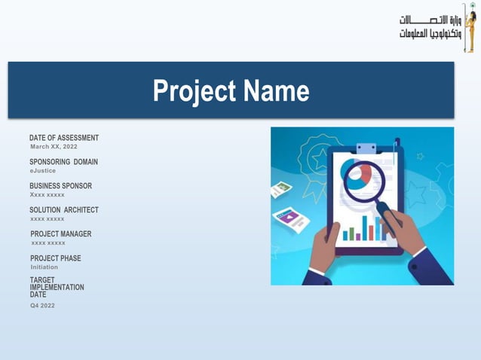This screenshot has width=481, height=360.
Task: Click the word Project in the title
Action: (x=193, y=92)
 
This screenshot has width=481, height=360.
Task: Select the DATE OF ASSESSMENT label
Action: (x=64, y=138)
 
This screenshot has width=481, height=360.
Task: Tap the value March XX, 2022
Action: (x=53, y=147)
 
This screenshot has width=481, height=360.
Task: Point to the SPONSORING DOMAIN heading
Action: (x=63, y=162)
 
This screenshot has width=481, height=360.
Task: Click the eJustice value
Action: (x=42, y=171)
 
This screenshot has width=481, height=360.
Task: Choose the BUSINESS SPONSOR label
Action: (x=60, y=186)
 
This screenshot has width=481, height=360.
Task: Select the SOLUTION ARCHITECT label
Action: (x=64, y=210)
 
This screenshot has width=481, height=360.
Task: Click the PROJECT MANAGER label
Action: (x=60, y=234)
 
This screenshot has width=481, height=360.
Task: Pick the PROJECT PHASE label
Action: (x=55, y=258)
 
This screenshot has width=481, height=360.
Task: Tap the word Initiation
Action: (x=44, y=267)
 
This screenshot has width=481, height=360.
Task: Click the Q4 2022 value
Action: (x=42, y=306)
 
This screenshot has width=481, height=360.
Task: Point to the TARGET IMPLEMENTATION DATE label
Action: (x=57, y=287)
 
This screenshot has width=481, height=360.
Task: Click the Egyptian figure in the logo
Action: (x=470, y=27)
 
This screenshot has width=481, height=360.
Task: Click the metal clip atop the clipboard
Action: (x=366, y=148)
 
